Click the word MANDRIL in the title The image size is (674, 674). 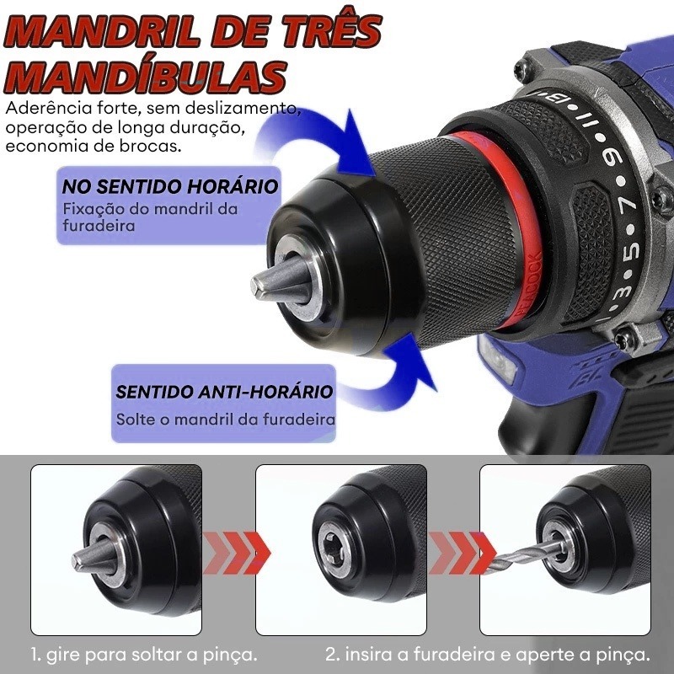[102, 31]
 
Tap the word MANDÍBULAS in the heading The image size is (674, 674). [145, 78]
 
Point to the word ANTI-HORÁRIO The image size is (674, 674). [267, 392]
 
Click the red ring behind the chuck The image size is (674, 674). [507, 223]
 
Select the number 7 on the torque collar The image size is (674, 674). [628, 206]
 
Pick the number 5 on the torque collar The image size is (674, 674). [630, 251]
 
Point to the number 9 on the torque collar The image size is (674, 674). [612, 159]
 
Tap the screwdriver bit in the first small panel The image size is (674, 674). [94, 556]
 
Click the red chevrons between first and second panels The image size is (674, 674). [236, 553]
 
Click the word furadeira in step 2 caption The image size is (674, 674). [454, 655]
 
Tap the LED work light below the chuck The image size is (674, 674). [498, 359]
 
